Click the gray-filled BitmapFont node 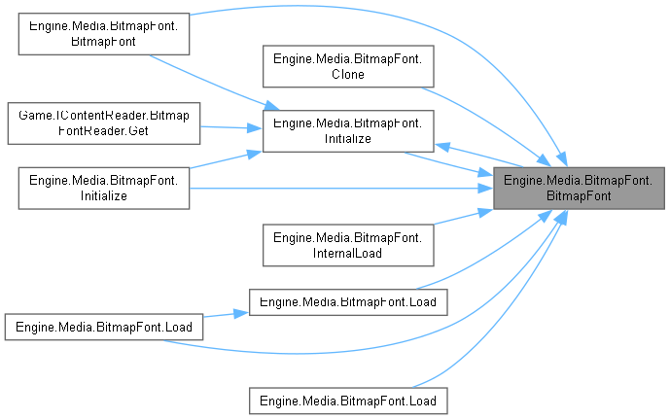579,182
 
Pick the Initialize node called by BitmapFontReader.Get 347,130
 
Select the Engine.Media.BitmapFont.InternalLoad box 347,245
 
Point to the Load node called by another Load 347,301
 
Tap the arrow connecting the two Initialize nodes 224,159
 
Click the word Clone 347,75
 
